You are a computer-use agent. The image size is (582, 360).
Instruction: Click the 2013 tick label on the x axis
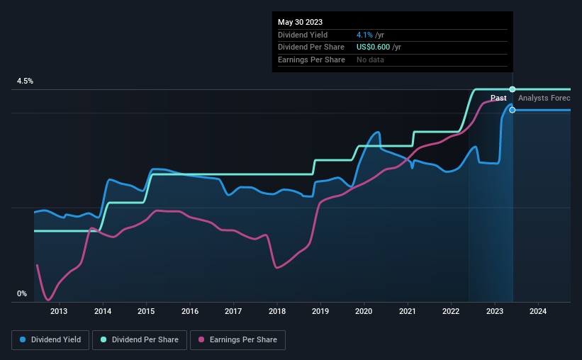[59, 310]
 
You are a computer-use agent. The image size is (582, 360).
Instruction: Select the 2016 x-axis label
[189, 310]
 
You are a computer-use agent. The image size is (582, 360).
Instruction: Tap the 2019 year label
[320, 310]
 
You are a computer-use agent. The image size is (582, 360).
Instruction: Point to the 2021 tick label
[408, 310]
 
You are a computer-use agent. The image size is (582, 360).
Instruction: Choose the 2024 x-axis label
[538, 310]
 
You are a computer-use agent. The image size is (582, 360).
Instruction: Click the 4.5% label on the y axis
[25, 81]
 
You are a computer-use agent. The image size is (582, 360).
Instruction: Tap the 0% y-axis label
[22, 293]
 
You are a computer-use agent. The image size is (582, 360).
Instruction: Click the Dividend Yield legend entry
[50, 340]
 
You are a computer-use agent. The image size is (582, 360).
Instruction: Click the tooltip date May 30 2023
[300, 21]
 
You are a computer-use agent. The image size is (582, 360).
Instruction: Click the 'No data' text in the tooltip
[371, 60]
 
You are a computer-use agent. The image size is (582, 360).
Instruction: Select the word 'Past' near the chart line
[498, 98]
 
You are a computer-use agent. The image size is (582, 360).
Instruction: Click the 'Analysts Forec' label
[544, 98]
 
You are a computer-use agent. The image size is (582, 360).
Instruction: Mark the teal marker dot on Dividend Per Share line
[513, 89]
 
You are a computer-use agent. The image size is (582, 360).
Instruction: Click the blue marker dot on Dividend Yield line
[513, 110]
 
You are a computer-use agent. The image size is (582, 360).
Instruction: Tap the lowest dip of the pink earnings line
[48, 299]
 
